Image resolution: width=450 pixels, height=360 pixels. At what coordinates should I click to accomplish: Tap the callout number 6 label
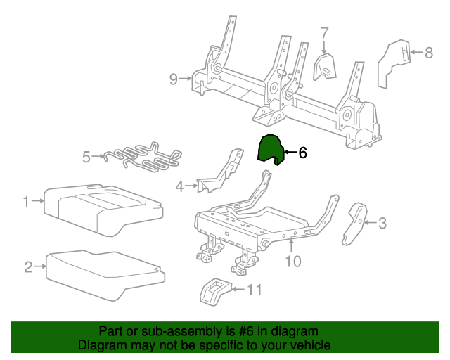click(x=303, y=153)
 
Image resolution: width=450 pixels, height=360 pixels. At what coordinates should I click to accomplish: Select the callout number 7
click(x=324, y=33)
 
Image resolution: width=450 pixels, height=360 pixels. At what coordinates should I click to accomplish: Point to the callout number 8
click(x=429, y=52)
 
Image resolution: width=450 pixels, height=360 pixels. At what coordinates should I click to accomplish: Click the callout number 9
click(x=174, y=79)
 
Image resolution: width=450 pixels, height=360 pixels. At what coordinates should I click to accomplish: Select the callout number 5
click(x=86, y=157)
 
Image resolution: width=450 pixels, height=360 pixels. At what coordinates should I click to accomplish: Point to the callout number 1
click(x=26, y=202)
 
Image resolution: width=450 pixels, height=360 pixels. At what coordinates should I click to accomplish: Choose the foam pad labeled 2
click(x=105, y=271)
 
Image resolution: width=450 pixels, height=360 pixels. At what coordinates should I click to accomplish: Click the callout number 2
click(x=29, y=266)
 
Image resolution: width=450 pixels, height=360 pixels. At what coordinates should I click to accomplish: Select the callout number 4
click(x=179, y=186)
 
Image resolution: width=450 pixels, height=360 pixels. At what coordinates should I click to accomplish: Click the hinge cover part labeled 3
click(x=355, y=223)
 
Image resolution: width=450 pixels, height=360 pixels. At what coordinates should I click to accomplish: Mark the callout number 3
click(x=382, y=224)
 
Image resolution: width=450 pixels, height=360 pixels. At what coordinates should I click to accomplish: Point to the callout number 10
click(x=292, y=262)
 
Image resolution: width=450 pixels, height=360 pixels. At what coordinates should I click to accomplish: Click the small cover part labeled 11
click(x=214, y=291)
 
